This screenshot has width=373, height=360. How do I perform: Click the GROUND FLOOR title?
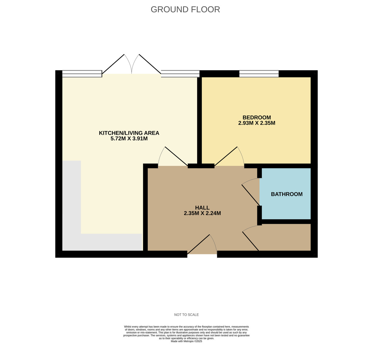tap(185, 10)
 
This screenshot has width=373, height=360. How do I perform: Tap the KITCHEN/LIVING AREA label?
tap(129, 133)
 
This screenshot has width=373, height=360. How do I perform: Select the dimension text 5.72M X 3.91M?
tap(129, 139)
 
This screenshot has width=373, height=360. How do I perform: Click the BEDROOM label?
tap(256, 117)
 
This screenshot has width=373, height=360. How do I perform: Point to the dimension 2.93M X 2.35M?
tap(256, 123)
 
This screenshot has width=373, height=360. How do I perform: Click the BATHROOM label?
tap(287, 194)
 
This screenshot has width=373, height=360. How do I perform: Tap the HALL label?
tap(202, 208)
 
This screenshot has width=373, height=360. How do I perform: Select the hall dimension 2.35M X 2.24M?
tap(202, 213)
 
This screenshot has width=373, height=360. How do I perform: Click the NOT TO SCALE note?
tap(186, 315)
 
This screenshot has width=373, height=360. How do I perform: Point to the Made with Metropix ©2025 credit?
tap(186, 341)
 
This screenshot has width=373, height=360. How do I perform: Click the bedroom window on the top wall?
tap(259, 74)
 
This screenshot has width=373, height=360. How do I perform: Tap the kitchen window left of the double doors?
tap(82, 74)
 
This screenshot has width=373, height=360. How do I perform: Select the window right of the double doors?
tap(180, 74)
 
